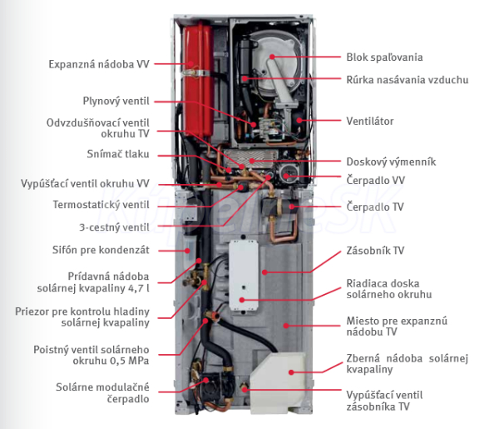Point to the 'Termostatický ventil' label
[102, 204]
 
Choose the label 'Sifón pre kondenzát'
[101, 248]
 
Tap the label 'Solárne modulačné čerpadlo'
[105, 392]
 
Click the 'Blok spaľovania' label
[384, 57]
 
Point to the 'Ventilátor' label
[370, 122]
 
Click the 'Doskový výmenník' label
[391, 162]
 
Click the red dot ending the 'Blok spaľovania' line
[271, 57]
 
